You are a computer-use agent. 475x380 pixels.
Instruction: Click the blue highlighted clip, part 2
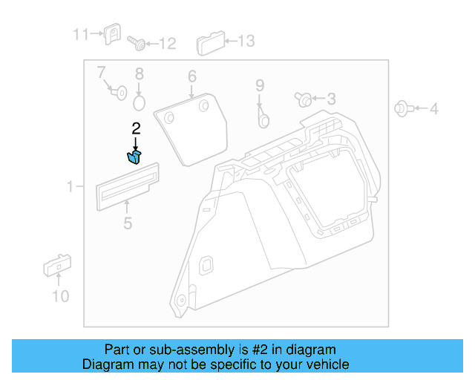pos(134,155)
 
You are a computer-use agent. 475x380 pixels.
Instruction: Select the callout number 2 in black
pos(136,129)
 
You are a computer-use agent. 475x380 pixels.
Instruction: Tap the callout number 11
pos(80,34)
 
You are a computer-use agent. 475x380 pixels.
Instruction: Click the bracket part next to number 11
pos(113,34)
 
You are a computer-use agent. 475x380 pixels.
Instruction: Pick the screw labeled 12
pos(137,42)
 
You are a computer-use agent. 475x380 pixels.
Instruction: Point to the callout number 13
pos(245,42)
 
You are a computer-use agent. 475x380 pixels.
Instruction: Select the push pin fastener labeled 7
pos(117,92)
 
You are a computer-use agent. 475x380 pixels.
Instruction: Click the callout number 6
pos(191,76)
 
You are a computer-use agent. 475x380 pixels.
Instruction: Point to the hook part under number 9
pos(263,115)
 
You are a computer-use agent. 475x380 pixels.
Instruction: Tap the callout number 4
pos(433,110)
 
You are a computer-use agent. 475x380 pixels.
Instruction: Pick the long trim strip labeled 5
pos(128,185)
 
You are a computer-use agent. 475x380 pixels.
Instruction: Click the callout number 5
pos(128,223)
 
